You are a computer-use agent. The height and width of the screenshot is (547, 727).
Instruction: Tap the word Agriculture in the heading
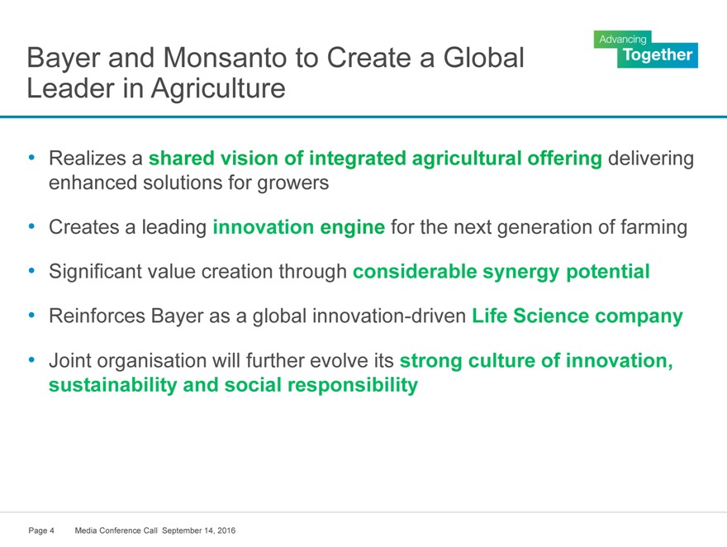[x=218, y=89]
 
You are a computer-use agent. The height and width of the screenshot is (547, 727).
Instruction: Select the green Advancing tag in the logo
[x=622, y=40]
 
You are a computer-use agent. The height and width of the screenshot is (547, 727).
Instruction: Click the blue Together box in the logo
[x=658, y=55]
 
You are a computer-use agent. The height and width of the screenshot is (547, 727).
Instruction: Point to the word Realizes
[x=88, y=158]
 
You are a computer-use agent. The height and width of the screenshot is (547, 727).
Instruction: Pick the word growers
[x=293, y=183]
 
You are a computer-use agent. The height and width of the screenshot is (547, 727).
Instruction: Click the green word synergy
[x=520, y=272]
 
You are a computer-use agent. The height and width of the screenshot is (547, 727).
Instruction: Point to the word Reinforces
[x=97, y=316]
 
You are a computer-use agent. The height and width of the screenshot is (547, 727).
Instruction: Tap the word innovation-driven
[x=389, y=316]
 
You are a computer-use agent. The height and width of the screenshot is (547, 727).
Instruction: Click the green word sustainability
[x=112, y=385]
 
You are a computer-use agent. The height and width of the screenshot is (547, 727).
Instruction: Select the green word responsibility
[x=353, y=385]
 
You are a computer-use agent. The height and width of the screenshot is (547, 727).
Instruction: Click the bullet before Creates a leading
[x=31, y=227]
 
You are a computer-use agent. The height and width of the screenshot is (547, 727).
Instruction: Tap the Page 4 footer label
[x=41, y=530]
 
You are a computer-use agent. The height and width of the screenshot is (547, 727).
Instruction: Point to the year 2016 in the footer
[x=226, y=530]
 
